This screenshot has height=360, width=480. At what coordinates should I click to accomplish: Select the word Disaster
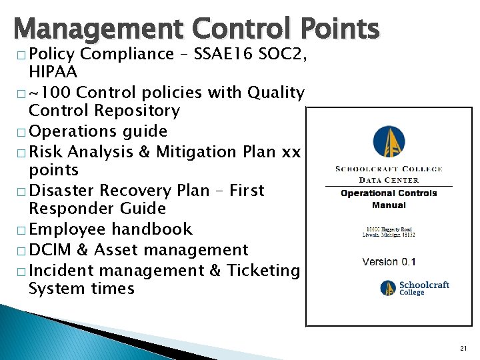[67, 190]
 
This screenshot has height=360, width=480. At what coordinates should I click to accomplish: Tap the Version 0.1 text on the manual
[389, 261]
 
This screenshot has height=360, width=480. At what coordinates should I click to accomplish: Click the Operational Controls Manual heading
[389, 199]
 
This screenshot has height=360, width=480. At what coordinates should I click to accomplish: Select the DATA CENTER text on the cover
[389, 180]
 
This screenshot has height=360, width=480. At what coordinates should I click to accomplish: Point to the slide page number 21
[463, 348]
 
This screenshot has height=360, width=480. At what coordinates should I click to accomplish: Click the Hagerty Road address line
[389, 229]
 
